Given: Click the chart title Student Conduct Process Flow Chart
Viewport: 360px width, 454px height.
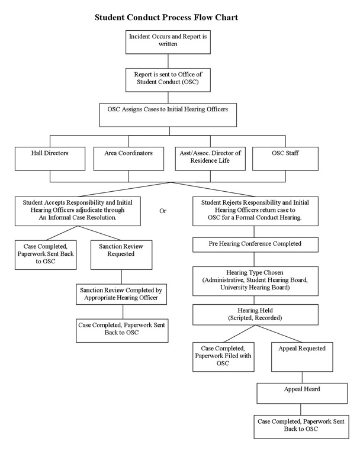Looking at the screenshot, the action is (166, 17).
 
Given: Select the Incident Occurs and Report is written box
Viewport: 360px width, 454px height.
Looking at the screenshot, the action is (168, 42).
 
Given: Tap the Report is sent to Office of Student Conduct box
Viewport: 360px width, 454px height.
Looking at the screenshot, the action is (168, 80).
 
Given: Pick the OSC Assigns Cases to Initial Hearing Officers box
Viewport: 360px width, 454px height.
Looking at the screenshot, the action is (168, 115).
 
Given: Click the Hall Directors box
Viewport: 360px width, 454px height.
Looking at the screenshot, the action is (50, 159).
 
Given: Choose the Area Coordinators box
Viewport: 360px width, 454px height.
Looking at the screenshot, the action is (128, 159).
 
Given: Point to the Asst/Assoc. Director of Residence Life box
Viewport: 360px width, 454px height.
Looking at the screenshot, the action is (210, 159).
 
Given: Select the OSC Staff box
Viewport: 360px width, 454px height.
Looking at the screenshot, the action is (285, 159).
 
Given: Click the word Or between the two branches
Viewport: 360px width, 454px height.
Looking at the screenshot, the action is (163, 211).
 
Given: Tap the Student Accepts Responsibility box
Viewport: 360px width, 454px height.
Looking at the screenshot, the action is (78, 211).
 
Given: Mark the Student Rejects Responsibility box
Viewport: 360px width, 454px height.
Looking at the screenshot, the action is (255, 211).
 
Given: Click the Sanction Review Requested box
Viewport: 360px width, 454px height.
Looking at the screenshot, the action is (121, 255).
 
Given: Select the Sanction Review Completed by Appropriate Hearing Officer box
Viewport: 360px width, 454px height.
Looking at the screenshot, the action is (121, 294).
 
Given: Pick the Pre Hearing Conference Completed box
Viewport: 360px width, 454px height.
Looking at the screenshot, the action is (255, 244).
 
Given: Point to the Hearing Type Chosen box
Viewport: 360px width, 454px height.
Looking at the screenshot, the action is (255, 281).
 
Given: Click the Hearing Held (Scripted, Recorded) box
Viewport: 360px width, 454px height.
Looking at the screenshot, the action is (255, 314).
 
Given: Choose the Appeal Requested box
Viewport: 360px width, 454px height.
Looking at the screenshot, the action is (302, 357).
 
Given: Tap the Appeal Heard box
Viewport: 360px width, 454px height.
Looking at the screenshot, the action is (302, 394).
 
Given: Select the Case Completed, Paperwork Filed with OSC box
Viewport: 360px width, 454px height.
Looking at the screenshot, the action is (223, 357).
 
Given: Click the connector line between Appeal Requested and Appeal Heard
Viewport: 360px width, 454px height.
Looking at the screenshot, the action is (303, 378).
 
